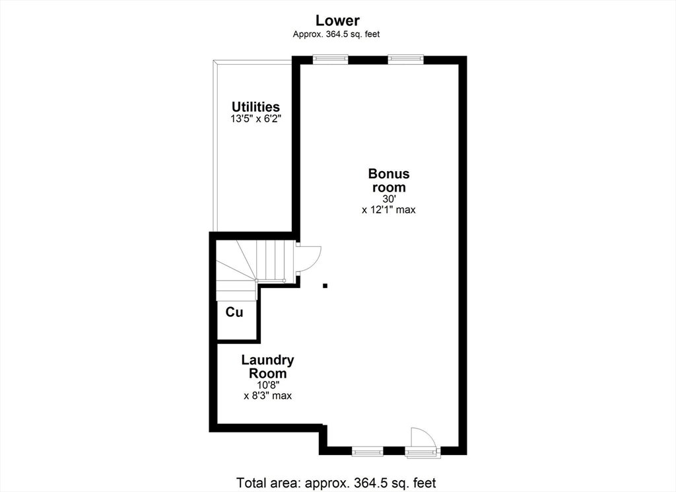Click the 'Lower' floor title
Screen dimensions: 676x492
[x=337, y=20]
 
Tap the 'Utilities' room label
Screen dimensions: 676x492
[x=255, y=107]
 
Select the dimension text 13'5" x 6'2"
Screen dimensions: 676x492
[x=255, y=119]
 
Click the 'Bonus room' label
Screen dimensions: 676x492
[x=389, y=180]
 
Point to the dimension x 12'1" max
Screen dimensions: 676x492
[x=388, y=210]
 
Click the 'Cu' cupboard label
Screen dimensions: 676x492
[x=234, y=312]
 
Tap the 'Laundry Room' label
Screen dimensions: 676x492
[x=268, y=367]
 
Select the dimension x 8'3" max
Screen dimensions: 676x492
[x=268, y=396]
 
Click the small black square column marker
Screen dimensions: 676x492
[x=325, y=285]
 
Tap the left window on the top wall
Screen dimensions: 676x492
[x=330, y=59]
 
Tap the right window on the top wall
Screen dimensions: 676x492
[x=406, y=59]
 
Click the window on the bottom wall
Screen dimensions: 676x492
[x=367, y=452]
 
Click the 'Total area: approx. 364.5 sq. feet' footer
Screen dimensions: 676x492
[x=336, y=483]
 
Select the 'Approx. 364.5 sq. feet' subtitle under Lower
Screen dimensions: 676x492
[x=336, y=34]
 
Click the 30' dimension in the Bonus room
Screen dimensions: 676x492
[x=388, y=199]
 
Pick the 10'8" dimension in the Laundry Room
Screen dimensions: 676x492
[x=268, y=385]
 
